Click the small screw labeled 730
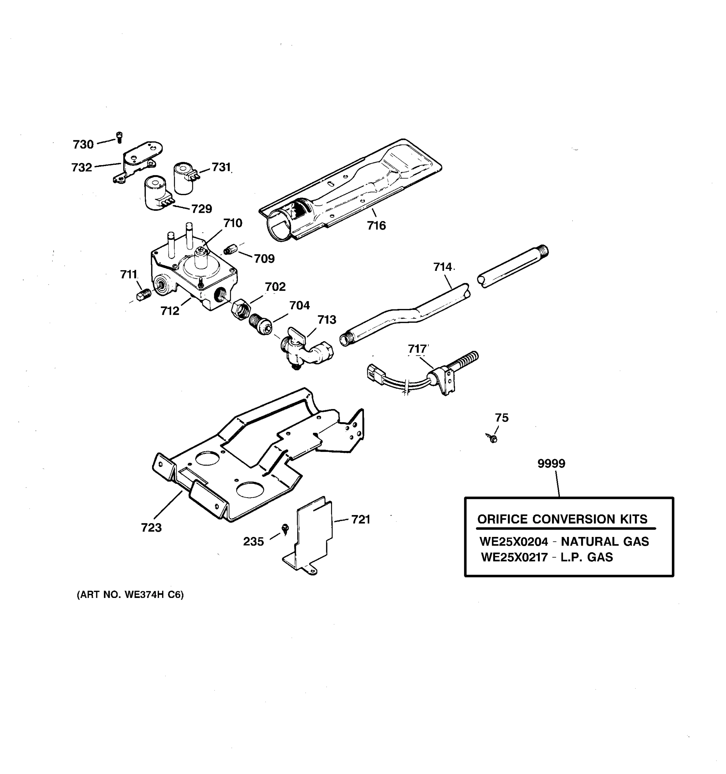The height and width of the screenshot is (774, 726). coord(120,137)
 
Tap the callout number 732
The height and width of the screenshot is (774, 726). coord(82,167)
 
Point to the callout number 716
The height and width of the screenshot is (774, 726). coord(376,225)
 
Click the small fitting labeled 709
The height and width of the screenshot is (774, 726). coord(231,250)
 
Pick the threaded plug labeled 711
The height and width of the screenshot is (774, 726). coord(144,295)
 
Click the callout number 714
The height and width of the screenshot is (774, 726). coord(443,267)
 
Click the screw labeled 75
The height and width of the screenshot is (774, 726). coord(492,438)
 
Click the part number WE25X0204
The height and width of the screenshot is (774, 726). coord(513,541)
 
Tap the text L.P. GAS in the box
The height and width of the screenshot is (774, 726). coord(587,558)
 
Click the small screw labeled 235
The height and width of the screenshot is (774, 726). coord(286,529)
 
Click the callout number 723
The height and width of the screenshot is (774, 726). coord(151,528)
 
